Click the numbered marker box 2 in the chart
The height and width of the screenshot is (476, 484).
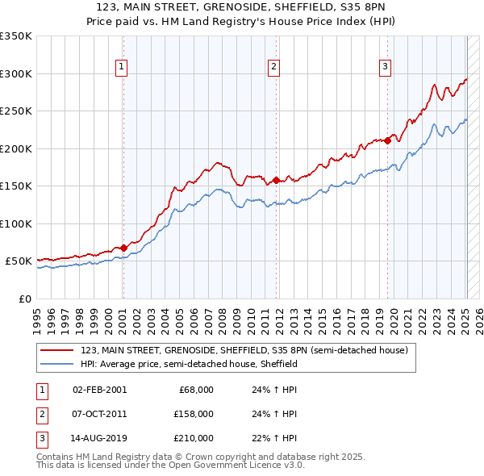tap(274, 67)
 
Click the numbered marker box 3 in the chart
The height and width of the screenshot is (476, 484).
tap(386, 67)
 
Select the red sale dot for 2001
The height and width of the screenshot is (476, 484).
tap(123, 248)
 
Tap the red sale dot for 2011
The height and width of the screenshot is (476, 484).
tap(276, 180)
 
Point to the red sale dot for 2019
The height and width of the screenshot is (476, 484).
tap(387, 140)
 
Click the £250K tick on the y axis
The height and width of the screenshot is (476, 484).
tap(16, 111)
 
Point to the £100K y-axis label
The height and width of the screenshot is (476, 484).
tap(16, 223)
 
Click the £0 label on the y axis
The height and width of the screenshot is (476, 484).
tap(24, 299)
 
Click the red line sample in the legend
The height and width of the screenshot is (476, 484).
tap(57, 350)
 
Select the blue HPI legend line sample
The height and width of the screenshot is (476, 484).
tap(57, 365)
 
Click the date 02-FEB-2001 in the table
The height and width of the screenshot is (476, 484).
tap(99, 390)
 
